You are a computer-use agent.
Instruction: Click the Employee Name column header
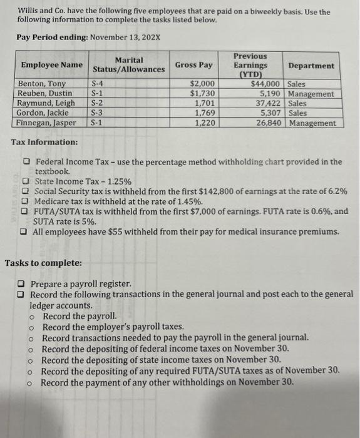click(x=51, y=65)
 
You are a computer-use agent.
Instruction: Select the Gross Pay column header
click(x=193, y=65)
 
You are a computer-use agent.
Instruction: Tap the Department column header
click(x=311, y=66)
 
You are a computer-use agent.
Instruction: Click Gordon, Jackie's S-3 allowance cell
click(x=97, y=113)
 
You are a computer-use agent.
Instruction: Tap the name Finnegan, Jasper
click(x=48, y=123)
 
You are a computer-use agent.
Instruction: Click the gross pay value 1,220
click(x=205, y=123)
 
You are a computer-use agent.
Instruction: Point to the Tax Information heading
click(x=44, y=143)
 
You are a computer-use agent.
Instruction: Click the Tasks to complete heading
click(x=43, y=263)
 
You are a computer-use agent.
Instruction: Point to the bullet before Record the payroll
click(x=31, y=317)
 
